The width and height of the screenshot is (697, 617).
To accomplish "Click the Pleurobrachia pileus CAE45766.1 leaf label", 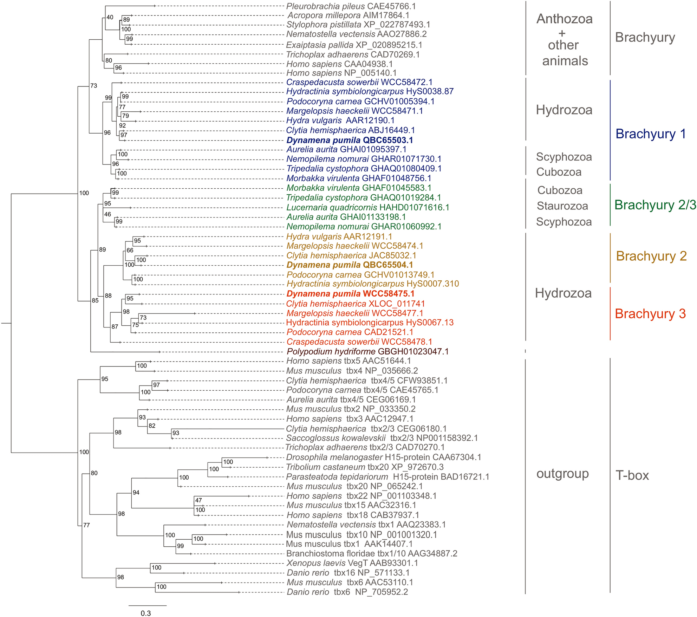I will pyautogui.click(x=351, y=6).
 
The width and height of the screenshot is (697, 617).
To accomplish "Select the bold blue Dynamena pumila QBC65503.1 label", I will pyautogui.click(x=350, y=140).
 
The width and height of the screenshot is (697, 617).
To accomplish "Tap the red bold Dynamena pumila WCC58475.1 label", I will pyautogui.click(x=350, y=294).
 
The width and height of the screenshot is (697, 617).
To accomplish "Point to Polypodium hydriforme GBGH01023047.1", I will pyautogui.click(x=367, y=351).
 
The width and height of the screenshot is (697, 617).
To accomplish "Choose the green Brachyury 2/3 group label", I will pyautogui.click(x=655, y=205).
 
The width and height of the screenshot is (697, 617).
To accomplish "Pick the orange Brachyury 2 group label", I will pyautogui.click(x=651, y=256).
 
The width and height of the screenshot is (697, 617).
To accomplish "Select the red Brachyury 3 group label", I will pyautogui.click(x=650, y=314).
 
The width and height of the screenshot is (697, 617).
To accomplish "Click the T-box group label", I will pyautogui.click(x=632, y=475).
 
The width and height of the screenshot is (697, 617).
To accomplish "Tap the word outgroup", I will pyautogui.click(x=562, y=474).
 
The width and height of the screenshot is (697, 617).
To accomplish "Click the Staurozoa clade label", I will pyautogui.click(x=562, y=206).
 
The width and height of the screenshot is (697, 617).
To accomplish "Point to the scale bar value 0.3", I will pyautogui.click(x=146, y=613).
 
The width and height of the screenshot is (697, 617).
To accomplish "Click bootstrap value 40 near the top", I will pyautogui.click(x=110, y=17).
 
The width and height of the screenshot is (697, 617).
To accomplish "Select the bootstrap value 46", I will pyautogui.click(x=108, y=214).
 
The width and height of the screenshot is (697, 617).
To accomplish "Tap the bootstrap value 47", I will pyautogui.click(x=198, y=500).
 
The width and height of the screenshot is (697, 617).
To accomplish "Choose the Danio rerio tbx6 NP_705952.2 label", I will pyautogui.click(x=347, y=592).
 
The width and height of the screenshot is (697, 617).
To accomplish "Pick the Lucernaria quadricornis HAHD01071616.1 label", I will pyautogui.click(x=368, y=208).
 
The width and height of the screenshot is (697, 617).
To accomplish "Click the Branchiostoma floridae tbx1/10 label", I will pyautogui.click(x=372, y=554).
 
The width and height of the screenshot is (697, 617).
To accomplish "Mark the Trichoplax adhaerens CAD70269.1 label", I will pyautogui.click(x=353, y=55).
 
